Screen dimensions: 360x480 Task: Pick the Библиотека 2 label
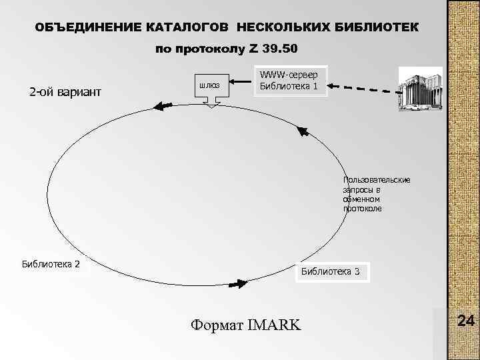pyautogui.click(x=51, y=263)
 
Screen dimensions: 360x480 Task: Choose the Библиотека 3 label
pyautogui.click(x=331, y=271)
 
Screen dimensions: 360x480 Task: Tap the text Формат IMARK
pyautogui.click(x=245, y=325)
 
